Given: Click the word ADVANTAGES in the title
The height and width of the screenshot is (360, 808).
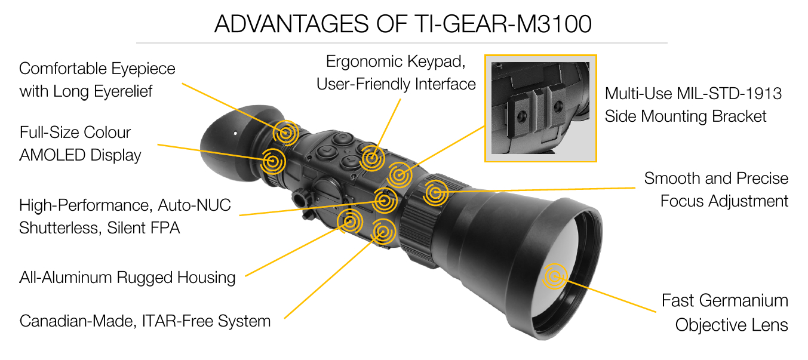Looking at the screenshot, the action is point(291,24).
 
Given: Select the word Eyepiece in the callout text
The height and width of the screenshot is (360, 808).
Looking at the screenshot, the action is point(143,69).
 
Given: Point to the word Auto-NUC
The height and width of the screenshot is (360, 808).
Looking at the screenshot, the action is point(195,205).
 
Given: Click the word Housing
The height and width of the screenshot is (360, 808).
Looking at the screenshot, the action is point(206,278).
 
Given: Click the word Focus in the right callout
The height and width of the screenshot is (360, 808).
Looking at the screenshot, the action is point(682,201).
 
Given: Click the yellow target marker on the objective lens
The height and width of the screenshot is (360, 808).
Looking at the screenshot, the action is point(555,276).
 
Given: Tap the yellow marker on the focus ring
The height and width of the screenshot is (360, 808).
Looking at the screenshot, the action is point(436,193).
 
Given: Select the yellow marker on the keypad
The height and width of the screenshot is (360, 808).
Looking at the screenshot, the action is point(372,158).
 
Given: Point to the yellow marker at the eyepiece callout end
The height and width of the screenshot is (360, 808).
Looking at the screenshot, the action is point(285,133).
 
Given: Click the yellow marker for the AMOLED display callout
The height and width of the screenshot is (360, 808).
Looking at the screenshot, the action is point(273,161).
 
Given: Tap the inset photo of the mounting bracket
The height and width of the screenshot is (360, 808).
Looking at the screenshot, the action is point(540,108).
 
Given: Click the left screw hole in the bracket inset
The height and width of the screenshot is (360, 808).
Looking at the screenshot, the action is point(522,116).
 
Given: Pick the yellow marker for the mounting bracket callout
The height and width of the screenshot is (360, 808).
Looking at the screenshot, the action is point(399,175).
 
